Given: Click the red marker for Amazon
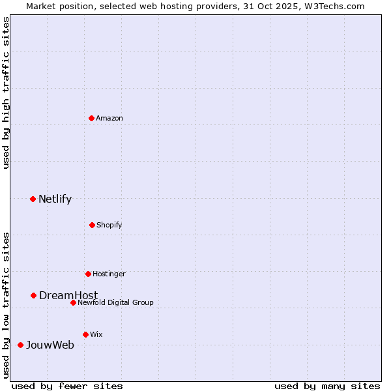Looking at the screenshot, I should click(x=92, y=118).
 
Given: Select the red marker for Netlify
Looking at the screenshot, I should click(x=33, y=199).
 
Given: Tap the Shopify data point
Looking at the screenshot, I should click(x=92, y=225).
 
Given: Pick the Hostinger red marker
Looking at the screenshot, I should click(x=88, y=274).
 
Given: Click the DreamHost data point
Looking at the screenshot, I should click(x=33, y=295).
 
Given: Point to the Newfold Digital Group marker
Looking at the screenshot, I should click(x=73, y=302).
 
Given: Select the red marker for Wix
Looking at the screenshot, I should click(x=85, y=334).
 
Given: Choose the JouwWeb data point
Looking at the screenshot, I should click(x=20, y=345).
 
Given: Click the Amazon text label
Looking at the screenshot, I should click(x=109, y=118).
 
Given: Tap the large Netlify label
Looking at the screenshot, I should click(x=55, y=199).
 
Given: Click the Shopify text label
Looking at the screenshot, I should click(x=109, y=225).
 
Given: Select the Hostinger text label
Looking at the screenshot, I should click(x=109, y=274).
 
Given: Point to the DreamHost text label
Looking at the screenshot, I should click(x=68, y=296).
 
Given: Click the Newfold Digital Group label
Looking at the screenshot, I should click(x=115, y=302).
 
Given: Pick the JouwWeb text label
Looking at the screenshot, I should click(x=50, y=345).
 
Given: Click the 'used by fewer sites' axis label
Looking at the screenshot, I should click(x=67, y=386).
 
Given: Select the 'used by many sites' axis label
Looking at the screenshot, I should click(x=327, y=386).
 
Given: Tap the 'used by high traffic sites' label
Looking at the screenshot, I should click(x=6, y=93).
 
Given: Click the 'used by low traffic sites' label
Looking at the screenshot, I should click(x=6, y=304).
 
